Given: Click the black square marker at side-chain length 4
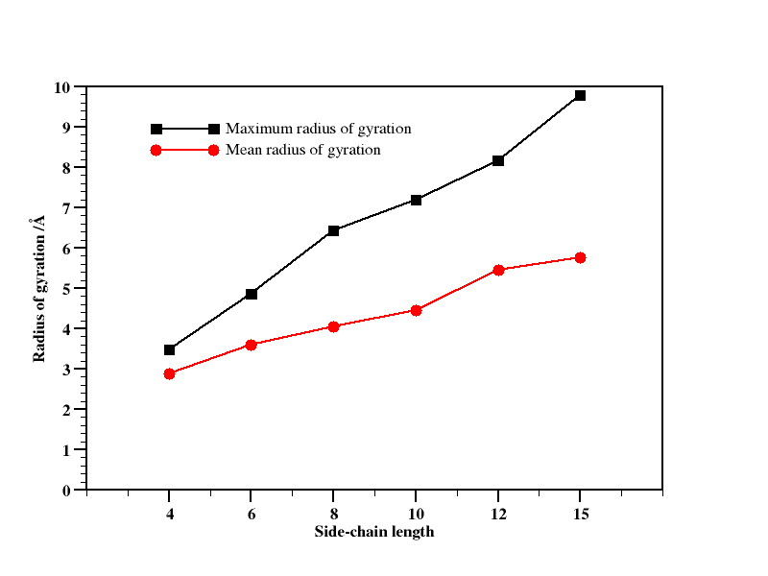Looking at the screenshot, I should tap(169, 349).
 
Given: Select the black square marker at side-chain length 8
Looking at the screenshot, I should tap(333, 230).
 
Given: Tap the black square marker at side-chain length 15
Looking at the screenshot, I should tap(580, 95).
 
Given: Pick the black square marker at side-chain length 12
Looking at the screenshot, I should tap(498, 160).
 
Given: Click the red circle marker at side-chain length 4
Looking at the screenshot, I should tap(169, 373).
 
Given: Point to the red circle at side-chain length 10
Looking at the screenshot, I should tap(416, 310).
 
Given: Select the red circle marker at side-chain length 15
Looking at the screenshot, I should tap(580, 257).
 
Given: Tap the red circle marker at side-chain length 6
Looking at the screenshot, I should tap(252, 345).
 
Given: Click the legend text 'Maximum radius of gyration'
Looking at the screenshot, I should tap(319, 129).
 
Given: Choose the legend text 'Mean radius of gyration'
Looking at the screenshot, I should tap(302, 150).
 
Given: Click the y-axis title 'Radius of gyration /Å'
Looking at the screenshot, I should tap(39, 288).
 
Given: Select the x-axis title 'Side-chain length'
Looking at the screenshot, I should tap(374, 532).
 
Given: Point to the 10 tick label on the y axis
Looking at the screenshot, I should tap(62, 87).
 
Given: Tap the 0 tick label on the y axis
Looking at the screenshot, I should tap(66, 491).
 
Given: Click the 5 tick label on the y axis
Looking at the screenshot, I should tap(66, 289).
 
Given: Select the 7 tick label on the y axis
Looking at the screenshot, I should tap(66, 208).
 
